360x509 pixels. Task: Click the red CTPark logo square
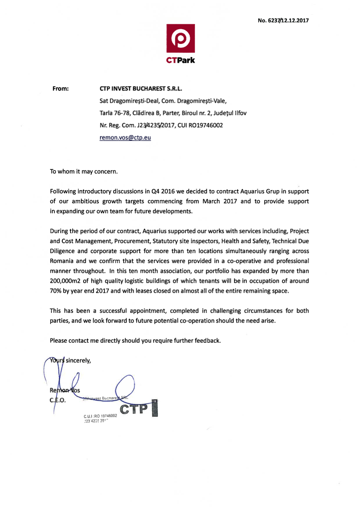coord(180,39)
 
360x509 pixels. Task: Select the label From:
coord(61,89)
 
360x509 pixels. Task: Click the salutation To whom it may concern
coord(84,171)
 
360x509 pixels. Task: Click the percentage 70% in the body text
coord(57,290)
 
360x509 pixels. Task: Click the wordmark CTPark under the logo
coord(181,60)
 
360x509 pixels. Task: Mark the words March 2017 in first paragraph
coord(220,201)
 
